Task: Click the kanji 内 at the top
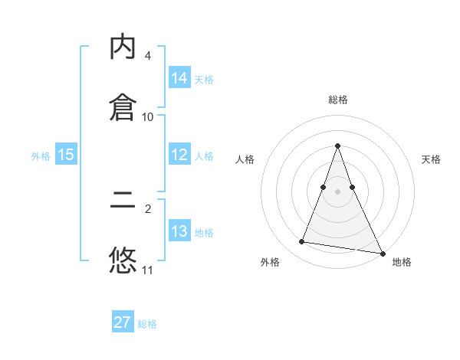click(123, 47)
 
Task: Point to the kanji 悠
click(123, 260)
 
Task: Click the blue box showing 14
click(179, 78)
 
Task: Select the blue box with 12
click(179, 155)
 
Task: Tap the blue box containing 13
click(179, 231)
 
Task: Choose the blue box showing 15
click(66, 155)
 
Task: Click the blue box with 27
click(123, 322)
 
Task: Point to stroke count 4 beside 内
click(148, 56)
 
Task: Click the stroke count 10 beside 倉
click(148, 117)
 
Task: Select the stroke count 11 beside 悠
click(148, 270)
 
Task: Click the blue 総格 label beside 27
click(147, 324)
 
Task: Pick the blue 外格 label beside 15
click(41, 156)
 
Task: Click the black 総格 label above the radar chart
click(337, 100)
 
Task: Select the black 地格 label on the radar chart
click(402, 262)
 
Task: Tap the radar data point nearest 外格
click(302, 242)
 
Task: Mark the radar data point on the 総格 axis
click(337, 146)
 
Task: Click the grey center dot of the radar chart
click(337, 191)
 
